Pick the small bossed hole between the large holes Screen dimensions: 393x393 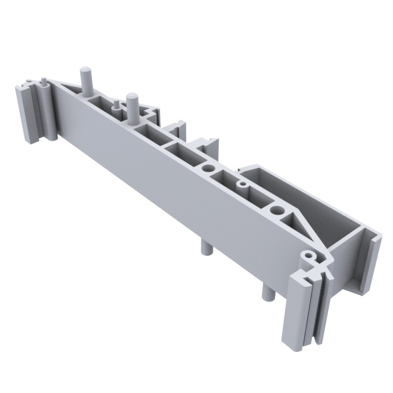[242, 185]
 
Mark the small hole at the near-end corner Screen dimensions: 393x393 [308, 256]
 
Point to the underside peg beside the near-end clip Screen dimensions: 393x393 [268, 292]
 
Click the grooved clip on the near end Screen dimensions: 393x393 [300, 309]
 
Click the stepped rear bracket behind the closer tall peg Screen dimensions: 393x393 [152, 114]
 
